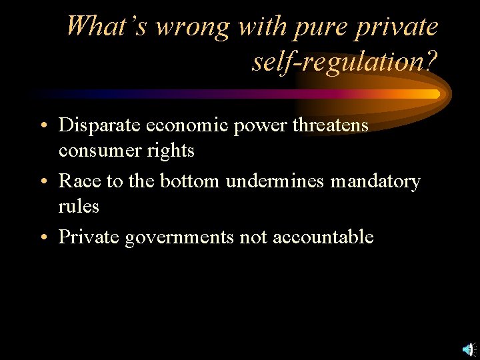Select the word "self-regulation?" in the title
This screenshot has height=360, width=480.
pos(345,62)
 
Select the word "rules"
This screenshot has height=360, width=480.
pos(79,207)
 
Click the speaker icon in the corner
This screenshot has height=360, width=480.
pos(469,349)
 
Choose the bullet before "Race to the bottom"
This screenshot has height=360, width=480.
pos(43,182)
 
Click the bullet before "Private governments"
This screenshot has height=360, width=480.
pos(43,237)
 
